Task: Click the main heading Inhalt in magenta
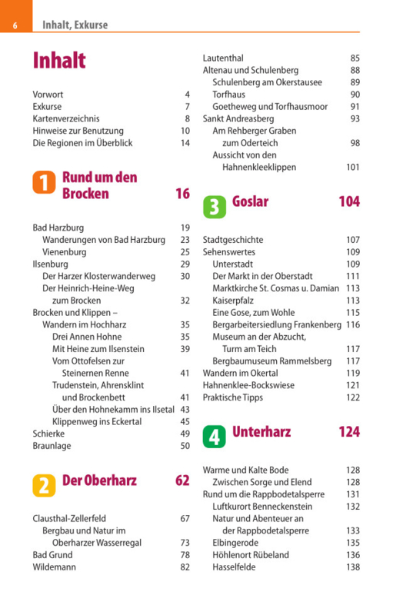(59, 61)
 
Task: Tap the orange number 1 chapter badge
(44, 182)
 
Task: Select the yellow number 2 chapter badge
(44, 485)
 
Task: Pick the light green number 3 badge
(215, 207)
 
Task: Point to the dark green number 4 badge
(214, 437)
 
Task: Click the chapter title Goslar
(250, 201)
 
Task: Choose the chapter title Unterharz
(261, 432)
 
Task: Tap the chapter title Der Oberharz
(100, 480)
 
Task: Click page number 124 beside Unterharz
(349, 432)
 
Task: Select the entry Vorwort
(48, 95)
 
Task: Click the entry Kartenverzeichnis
(66, 119)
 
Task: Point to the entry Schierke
(48, 434)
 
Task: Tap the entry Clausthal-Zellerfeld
(69, 518)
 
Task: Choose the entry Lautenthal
(223, 58)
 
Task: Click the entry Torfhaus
(228, 95)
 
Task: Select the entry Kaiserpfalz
(233, 301)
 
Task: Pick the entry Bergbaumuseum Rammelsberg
(271, 361)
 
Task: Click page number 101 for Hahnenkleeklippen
(352, 168)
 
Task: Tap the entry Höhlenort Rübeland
(251, 555)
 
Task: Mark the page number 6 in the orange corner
(15, 26)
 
